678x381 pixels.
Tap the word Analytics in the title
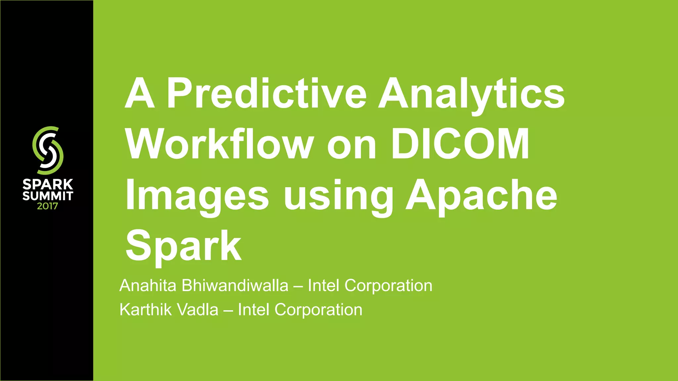[471, 95]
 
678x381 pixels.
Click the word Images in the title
[197, 196]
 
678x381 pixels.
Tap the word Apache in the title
[482, 196]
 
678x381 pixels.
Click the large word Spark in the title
[183, 247]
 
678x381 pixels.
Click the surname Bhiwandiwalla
[235, 285]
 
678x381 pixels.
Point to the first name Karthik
[146, 310]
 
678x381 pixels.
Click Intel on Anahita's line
[323, 285]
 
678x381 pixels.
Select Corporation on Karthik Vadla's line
[318, 310]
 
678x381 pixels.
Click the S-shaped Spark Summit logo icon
[48, 150]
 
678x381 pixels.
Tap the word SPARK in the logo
[48, 185]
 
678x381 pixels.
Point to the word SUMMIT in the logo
[48, 196]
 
